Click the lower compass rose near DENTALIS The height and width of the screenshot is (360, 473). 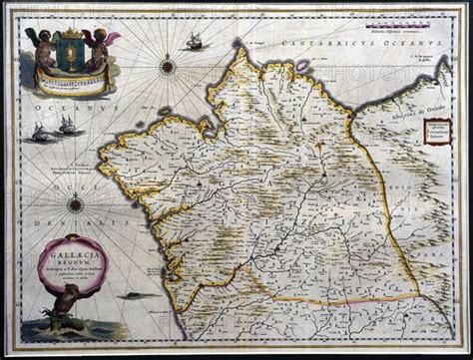coord(76,204)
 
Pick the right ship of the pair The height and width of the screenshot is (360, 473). coord(67,125)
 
